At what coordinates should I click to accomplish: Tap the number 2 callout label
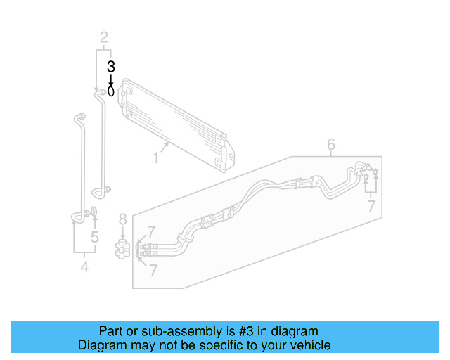pos(103,37)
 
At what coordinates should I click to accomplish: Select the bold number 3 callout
pos(110,67)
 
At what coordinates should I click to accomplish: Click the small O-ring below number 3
pos(111,91)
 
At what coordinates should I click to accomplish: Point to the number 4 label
pos(84,266)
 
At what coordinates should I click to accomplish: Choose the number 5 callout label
pos(94,237)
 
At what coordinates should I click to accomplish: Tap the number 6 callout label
pos(331,145)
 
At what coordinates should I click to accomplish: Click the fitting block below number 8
pos(122,248)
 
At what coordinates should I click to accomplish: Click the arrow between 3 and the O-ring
pos(110,79)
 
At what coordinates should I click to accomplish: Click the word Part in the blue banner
pos(110,331)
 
